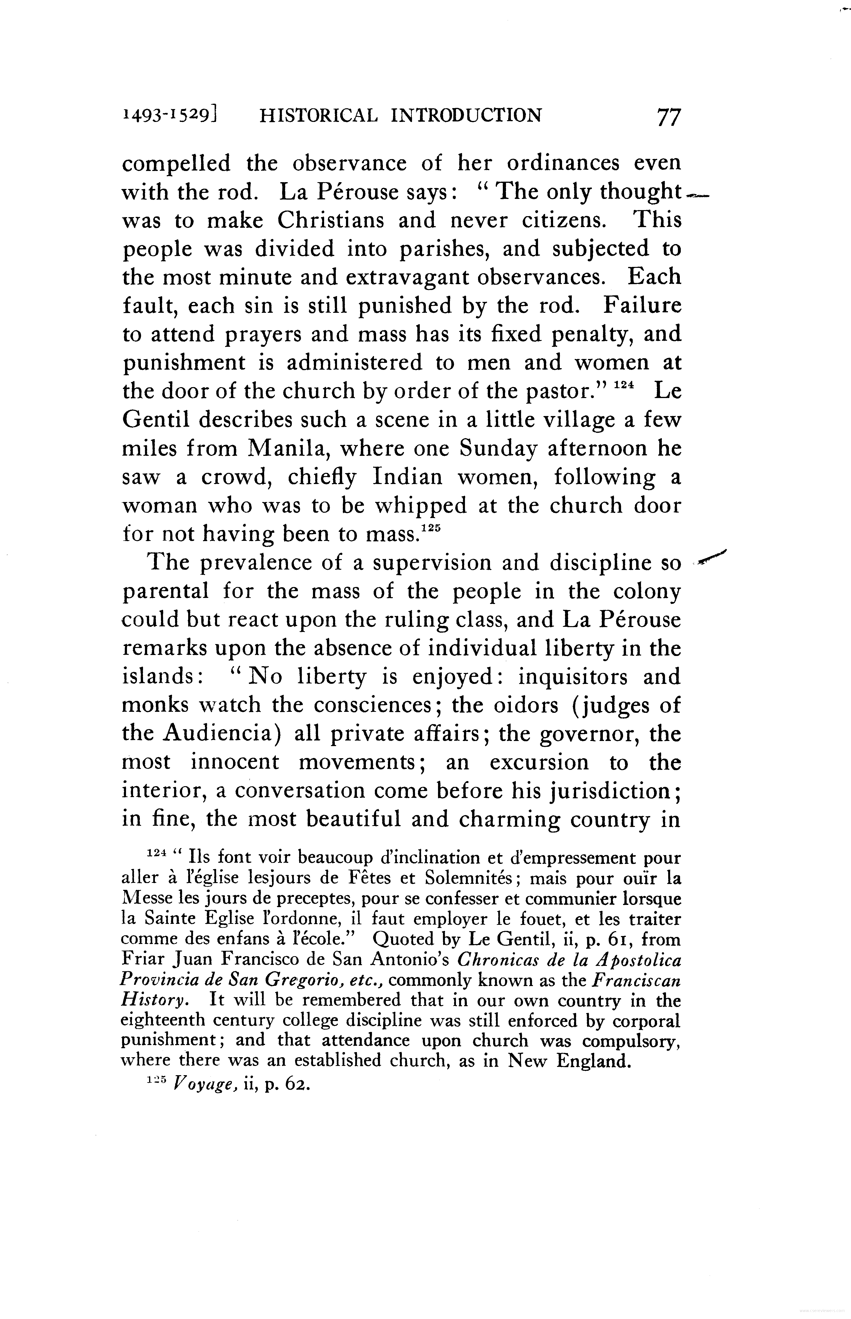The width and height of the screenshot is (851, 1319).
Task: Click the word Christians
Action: click(x=330, y=221)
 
